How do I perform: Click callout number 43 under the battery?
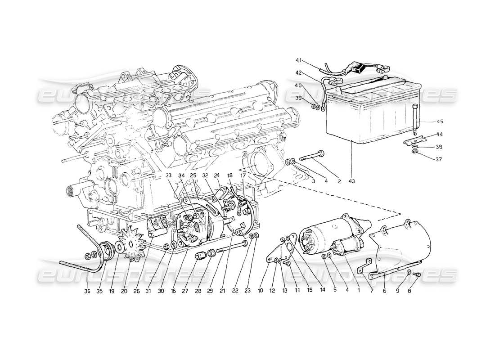[351, 181]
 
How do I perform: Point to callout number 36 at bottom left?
[87, 291]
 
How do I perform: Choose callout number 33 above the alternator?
[168, 175]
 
